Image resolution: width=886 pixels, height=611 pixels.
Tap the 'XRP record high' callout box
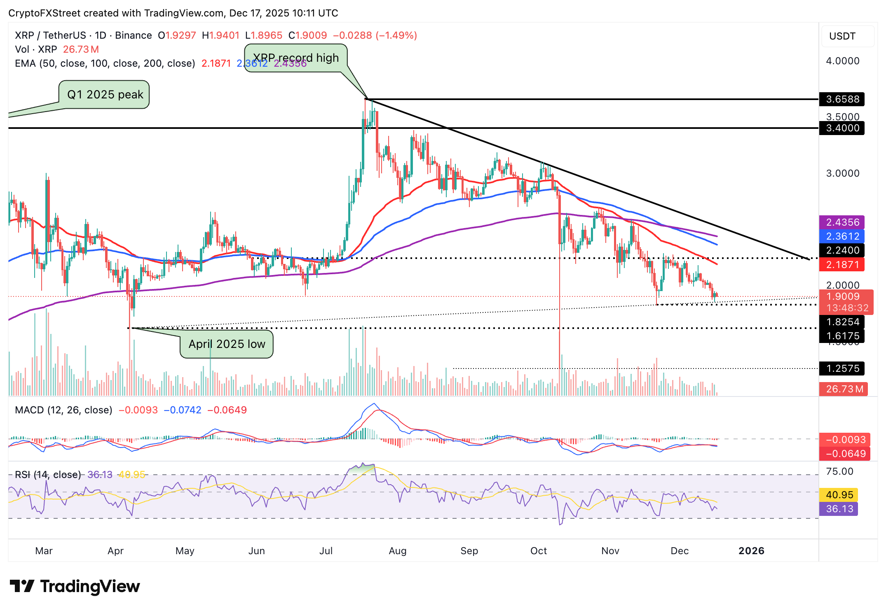point(296,58)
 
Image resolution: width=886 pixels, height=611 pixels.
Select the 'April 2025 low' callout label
point(227,344)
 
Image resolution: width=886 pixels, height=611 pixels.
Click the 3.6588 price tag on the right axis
point(842,99)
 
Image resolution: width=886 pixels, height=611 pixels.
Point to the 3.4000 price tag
point(842,128)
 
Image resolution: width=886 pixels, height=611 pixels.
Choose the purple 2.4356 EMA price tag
point(842,222)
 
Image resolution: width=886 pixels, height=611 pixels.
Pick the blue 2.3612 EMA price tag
point(842,236)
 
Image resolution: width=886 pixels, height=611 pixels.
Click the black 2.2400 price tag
point(842,250)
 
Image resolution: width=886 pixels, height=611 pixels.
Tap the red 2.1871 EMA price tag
point(842,265)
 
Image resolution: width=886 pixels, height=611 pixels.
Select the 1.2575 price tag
point(842,368)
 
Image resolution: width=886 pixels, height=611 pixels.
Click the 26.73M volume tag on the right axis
point(844,389)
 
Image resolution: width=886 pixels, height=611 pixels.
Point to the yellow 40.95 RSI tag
point(839,495)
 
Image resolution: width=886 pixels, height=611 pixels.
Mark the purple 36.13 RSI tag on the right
point(839,509)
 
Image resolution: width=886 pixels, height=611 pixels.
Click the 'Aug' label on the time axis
point(398,551)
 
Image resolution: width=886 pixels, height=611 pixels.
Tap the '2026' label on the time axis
point(751,551)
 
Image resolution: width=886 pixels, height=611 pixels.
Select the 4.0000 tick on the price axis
point(842,61)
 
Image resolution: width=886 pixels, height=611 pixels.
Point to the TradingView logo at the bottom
point(75,586)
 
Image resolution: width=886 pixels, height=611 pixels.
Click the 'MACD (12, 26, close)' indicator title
point(63,410)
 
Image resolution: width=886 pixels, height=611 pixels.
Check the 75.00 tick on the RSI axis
point(839,471)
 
